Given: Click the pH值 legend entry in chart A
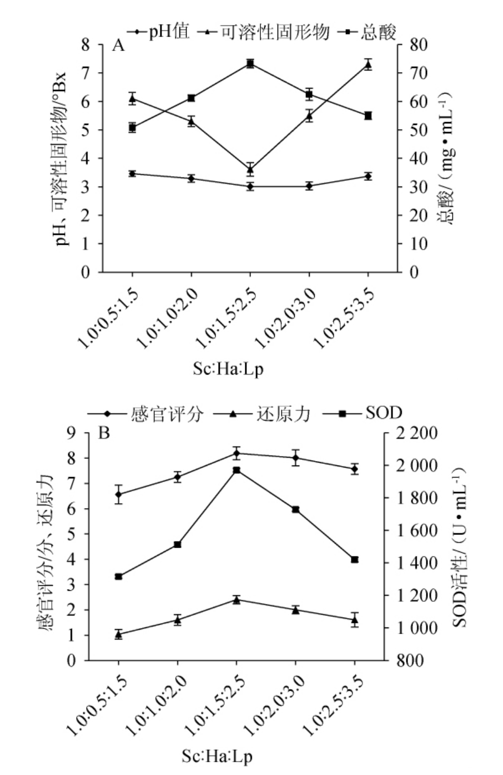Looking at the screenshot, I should coord(158,32).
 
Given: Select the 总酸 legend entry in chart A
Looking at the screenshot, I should coord(370,32).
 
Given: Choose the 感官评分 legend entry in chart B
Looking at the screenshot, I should coord(147,413).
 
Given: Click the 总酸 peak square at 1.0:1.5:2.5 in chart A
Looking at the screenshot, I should coord(250,64).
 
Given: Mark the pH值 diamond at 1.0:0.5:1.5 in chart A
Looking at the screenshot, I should coord(132,174).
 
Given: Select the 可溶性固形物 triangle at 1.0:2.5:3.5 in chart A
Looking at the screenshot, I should coord(368,65).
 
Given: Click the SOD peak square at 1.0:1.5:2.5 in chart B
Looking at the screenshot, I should coord(237,470).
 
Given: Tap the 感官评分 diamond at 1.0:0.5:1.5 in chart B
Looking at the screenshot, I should coord(118,494).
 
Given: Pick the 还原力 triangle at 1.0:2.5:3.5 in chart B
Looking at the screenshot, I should coord(354,620).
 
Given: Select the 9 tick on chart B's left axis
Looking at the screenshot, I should coord(72,433).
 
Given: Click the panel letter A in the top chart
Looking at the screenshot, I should coord(118,45).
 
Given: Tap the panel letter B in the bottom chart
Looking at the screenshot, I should coord(104,433).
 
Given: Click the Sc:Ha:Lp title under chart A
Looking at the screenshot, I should coord(228,369).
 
